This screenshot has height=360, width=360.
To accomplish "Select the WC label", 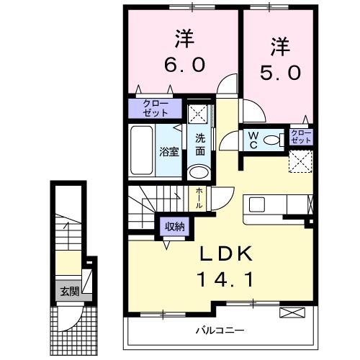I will click(x=255, y=139).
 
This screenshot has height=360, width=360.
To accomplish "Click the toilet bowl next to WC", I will click(x=272, y=140).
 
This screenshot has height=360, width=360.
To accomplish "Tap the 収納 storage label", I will click(x=173, y=227).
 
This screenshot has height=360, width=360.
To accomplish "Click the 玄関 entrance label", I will click(x=69, y=292).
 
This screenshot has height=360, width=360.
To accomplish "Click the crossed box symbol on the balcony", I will click(x=291, y=312).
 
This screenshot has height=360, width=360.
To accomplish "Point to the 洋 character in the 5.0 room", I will click(x=279, y=47).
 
